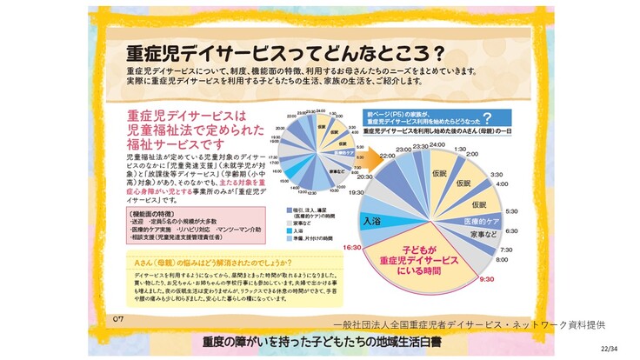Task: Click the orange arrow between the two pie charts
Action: (x=369, y=157)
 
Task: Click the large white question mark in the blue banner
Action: (x=487, y=118)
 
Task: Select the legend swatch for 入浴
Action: (x=284, y=230)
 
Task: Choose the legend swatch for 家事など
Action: (x=284, y=223)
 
